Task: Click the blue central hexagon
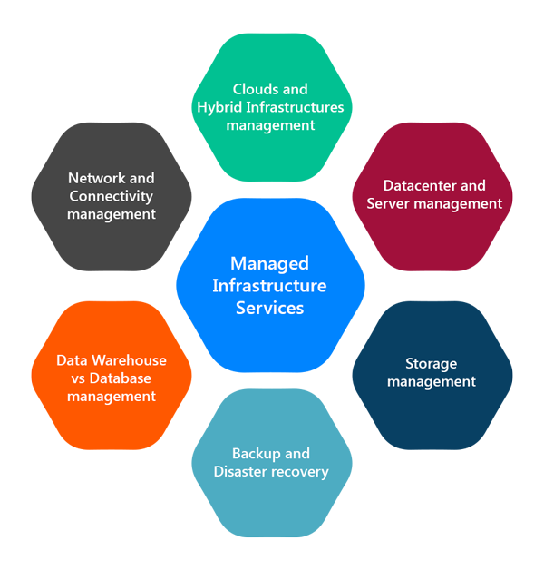click(270, 285)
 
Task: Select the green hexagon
click(272, 107)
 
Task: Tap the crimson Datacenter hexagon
click(432, 197)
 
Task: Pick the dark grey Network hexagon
click(112, 197)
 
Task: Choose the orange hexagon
click(112, 376)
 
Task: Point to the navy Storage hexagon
click(432, 376)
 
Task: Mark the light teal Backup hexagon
click(272, 463)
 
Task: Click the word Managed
click(269, 264)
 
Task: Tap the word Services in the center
click(269, 309)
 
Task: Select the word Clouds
click(257, 89)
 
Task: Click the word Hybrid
click(219, 108)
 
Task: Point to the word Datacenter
click(420, 186)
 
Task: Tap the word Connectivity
click(112, 197)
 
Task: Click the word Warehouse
click(129, 360)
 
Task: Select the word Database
click(121, 378)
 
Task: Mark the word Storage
click(431, 364)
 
